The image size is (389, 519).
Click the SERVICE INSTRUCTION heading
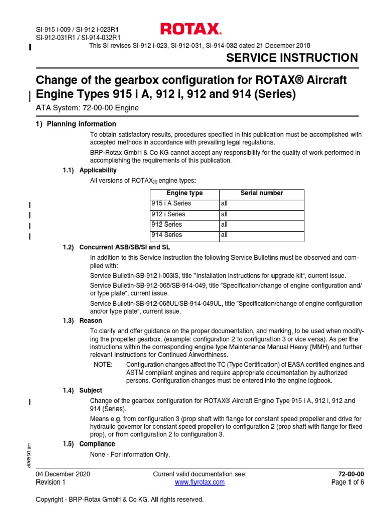(x=292, y=58)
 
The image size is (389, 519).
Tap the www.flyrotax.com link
(x=200, y=483)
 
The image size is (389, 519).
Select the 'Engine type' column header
(x=184, y=193)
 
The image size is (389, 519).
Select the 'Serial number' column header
(x=261, y=193)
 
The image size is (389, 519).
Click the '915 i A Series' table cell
(x=171, y=204)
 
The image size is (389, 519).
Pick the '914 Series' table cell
(x=167, y=235)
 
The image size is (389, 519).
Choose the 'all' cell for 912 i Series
(x=224, y=214)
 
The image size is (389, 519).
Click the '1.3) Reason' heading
(x=82, y=321)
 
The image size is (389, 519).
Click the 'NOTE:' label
(x=104, y=365)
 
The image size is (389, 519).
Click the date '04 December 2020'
(x=63, y=474)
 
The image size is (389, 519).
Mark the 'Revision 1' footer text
(x=51, y=483)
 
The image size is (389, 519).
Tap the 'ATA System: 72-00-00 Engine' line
(x=87, y=108)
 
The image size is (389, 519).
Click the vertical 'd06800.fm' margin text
(x=30, y=455)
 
